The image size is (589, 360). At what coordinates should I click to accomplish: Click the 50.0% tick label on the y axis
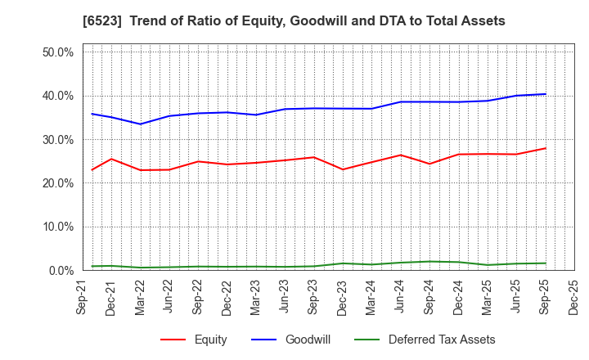point(56,52)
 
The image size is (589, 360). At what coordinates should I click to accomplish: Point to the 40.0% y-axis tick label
point(56,96)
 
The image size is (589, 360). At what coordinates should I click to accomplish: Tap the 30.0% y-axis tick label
point(56,140)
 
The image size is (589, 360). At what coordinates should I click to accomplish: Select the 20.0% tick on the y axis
point(56,183)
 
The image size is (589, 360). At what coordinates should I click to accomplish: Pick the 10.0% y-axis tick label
point(56,227)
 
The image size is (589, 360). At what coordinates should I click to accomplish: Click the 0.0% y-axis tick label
point(60,271)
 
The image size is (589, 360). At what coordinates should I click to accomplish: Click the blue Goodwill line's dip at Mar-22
point(141,124)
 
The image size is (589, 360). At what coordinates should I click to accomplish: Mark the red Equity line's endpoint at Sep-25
point(545,148)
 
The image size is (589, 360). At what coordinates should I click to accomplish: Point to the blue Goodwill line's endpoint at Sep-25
point(545,94)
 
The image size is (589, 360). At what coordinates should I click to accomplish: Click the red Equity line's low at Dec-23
point(343,169)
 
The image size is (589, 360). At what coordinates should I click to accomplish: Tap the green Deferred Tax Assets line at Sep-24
point(429,262)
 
